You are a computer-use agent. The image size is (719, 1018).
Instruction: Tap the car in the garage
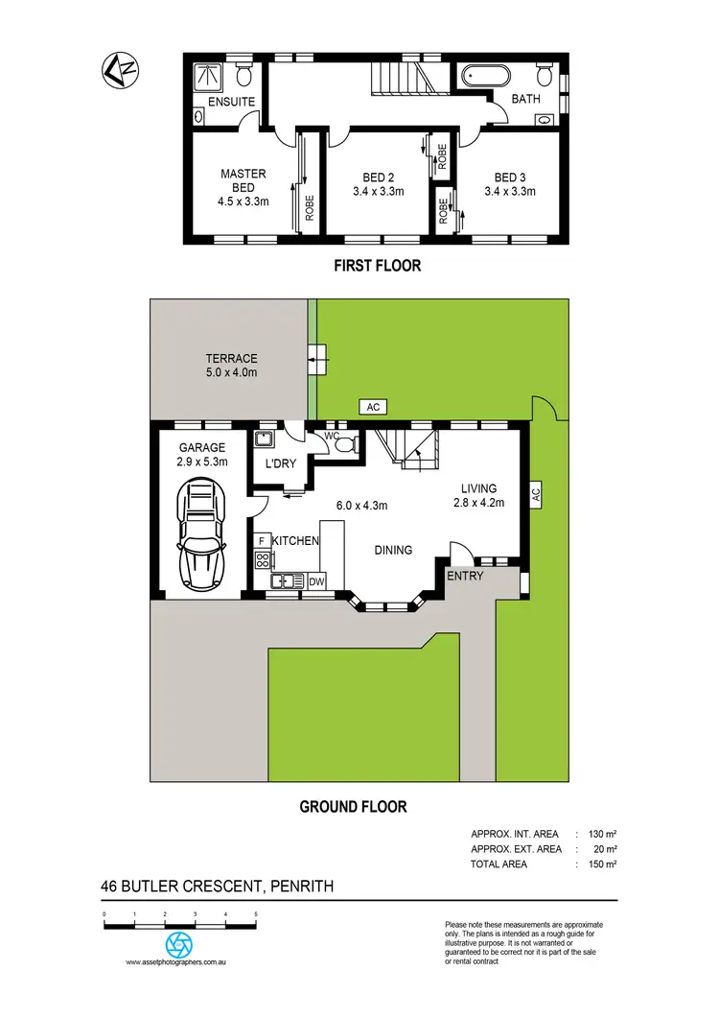199,535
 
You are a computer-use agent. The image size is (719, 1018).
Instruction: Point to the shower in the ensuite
204,77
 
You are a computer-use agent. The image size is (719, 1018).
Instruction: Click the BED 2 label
379,178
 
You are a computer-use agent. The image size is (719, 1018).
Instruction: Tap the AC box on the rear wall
374,407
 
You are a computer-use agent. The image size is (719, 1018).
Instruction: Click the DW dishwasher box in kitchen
316,580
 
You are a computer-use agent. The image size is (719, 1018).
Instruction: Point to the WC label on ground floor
333,437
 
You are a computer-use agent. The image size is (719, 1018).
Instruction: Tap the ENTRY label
465,576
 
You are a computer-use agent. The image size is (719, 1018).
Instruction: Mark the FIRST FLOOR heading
377,266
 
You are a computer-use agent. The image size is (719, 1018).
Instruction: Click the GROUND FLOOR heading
353,807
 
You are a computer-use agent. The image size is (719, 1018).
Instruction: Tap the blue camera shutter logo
179,943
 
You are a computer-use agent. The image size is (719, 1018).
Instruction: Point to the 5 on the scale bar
256,914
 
